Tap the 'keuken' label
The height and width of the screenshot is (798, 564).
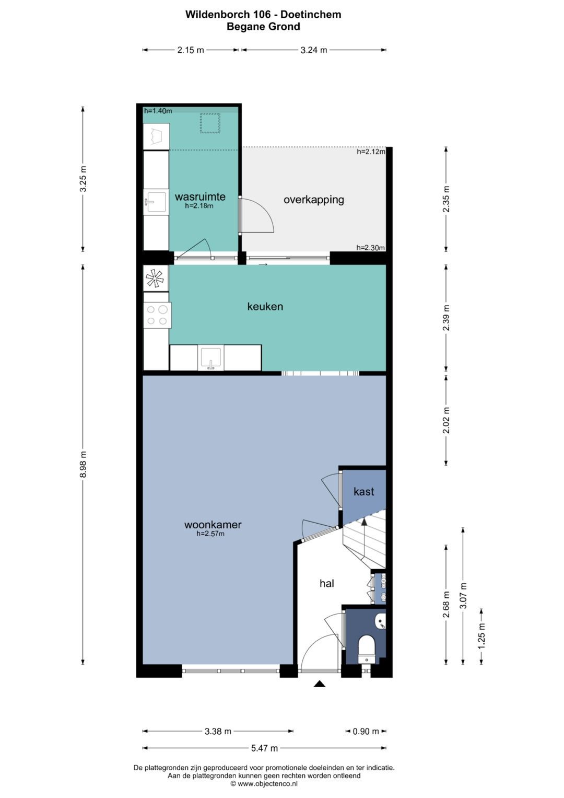[265, 306]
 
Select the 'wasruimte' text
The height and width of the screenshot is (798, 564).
[200, 196]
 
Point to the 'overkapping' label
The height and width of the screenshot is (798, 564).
[314, 200]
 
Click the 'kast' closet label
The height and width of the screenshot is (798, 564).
[364, 492]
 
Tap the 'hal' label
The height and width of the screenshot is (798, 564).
[327, 584]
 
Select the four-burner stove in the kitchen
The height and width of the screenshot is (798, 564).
[157, 315]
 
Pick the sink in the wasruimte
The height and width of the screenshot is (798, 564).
[155, 203]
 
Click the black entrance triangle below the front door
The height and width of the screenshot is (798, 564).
[320, 683]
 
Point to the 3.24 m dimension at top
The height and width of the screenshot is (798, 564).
[314, 50]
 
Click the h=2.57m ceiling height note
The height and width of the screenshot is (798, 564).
[210, 534]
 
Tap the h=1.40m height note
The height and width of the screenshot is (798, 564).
[158, 111]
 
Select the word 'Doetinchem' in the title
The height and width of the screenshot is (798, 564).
[311, 14]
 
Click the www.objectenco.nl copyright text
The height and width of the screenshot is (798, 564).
[264, 783]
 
